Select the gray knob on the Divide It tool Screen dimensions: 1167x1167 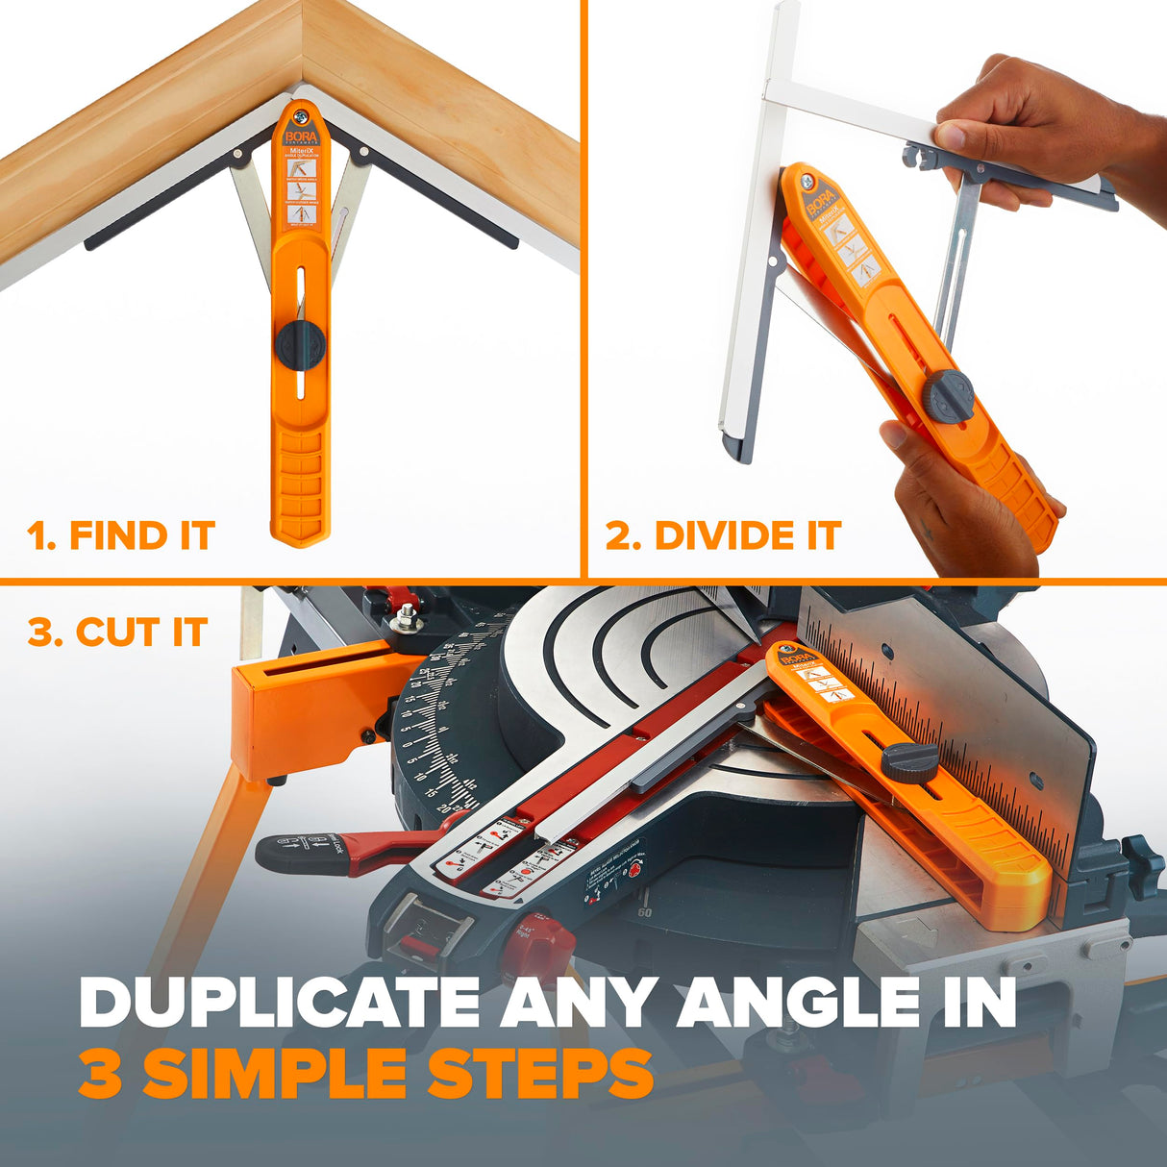point(948,396)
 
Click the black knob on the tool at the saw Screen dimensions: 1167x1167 point(909,761)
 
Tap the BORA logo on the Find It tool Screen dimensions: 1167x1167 point(300,138)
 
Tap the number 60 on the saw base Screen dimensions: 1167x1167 point(644,912)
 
